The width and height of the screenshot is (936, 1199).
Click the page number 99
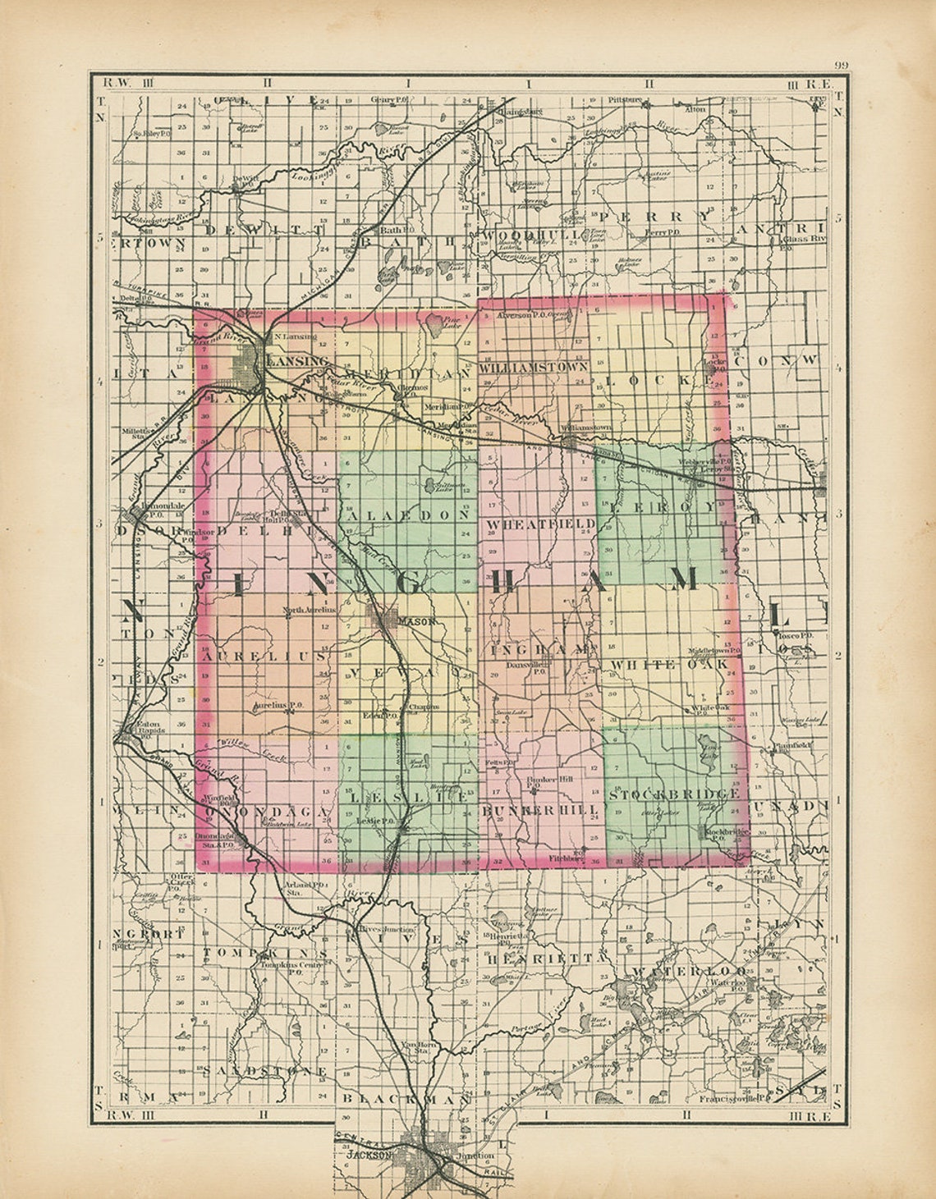point(841,66)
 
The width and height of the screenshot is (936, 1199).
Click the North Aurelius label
point(310,610)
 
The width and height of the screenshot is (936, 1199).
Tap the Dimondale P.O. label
point(148,509)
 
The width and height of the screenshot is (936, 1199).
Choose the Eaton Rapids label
point(150,727)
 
